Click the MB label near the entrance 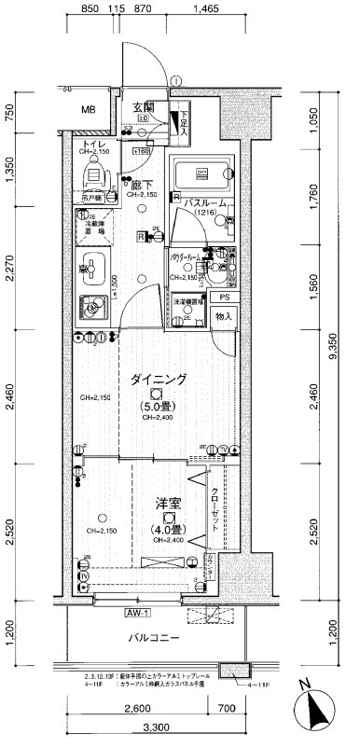tap(88, 110)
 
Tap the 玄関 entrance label tap(143, 107)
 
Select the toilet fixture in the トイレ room tap(93, 174)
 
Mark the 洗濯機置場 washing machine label tap(187, 302)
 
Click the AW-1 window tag tap(137, 612)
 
